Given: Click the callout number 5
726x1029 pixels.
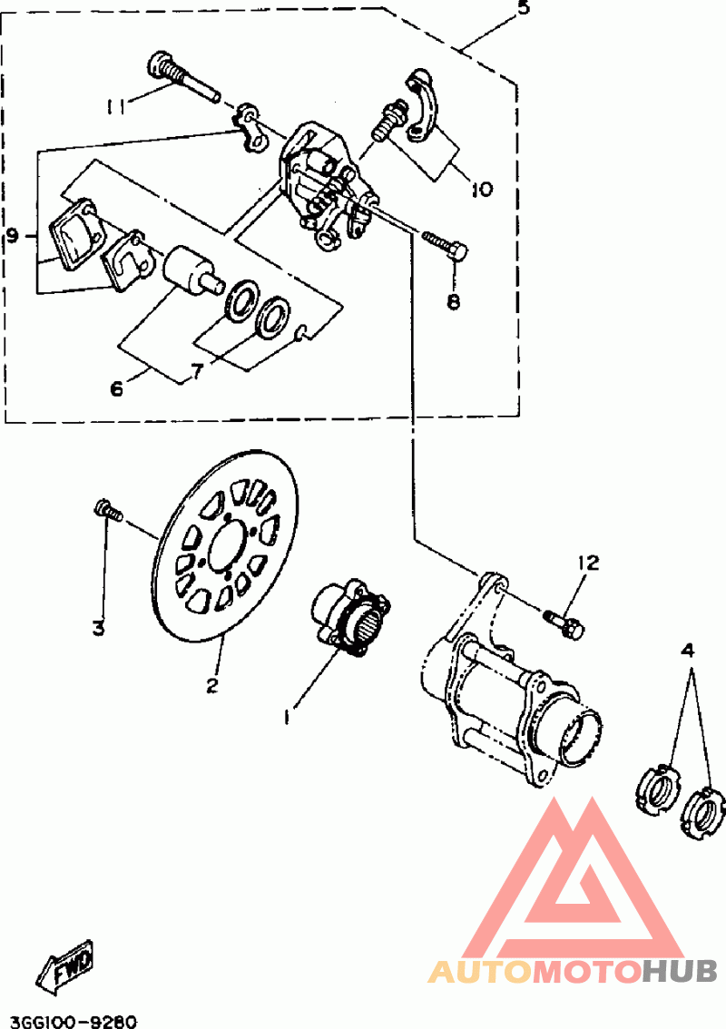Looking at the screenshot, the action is (523, 9).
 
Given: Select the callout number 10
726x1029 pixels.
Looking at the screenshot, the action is (481, 189).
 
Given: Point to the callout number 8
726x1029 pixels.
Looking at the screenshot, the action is (454, 301).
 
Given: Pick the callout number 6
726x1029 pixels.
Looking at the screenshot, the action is (116, 388).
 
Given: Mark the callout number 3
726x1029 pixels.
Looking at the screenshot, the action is (98, 629).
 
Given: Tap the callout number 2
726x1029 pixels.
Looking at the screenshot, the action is (211, 686).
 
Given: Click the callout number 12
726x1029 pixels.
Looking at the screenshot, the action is (588, 563).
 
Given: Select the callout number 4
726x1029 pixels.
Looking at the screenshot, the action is (687, 651).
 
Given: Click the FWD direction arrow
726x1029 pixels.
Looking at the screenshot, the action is (66, 966).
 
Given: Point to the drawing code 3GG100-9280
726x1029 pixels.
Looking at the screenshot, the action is (69, 1021).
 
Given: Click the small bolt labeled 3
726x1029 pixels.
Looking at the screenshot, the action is (108, 510).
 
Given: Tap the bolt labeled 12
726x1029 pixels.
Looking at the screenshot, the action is (564, 622).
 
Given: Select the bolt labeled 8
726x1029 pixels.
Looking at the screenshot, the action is (446, 244).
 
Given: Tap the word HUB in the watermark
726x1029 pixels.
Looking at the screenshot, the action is (680, 971).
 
